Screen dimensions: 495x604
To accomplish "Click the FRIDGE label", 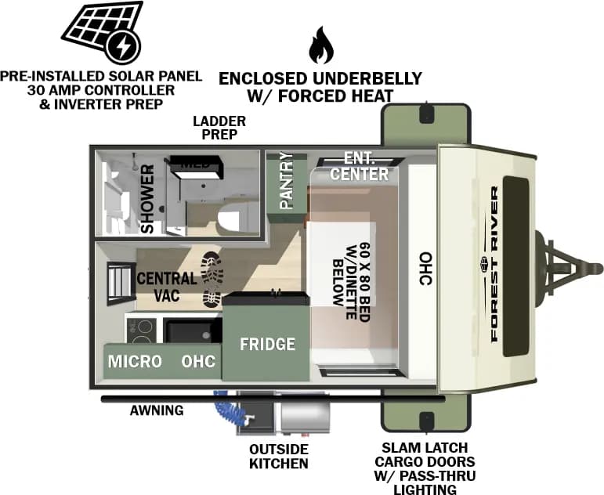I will tap(267, 344).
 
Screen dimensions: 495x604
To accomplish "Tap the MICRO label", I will tap(135, 361).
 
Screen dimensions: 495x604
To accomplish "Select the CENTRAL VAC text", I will tap(166, 287).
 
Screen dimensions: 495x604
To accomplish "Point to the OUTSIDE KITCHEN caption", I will tap(278, 456).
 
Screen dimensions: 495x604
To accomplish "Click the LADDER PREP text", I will tap(219, 128).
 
